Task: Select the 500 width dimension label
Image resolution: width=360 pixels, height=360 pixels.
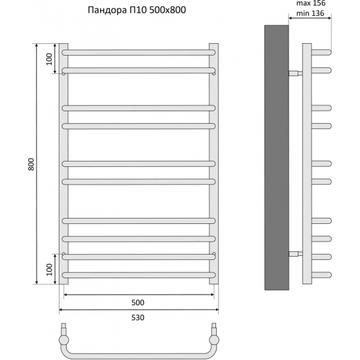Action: click(137, 303)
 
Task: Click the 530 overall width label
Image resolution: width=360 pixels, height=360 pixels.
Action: click(137, 317)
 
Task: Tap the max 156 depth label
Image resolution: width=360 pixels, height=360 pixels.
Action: click(315, 3)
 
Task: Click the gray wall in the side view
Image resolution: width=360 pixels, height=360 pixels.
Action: click(276, 157)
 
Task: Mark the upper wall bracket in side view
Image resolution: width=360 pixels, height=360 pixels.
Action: click(295, 73)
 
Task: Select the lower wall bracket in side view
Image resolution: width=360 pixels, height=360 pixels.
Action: click(295, 253)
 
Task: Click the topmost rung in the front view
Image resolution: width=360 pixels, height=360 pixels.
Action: click(139, 51)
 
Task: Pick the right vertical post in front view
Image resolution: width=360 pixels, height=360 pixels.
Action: click(213, 164)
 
